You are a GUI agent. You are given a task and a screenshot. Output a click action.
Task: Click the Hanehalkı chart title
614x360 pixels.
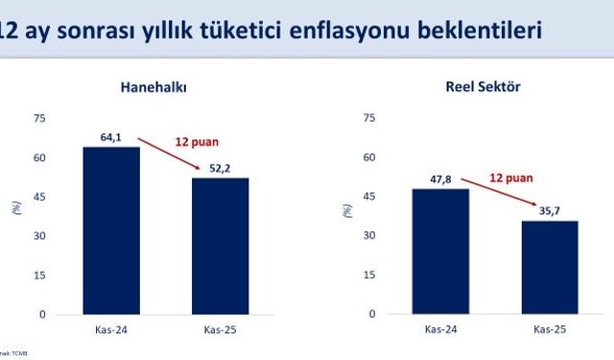[x=153, y=87]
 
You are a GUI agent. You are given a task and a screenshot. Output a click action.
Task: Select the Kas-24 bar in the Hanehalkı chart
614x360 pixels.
[x=111, y=230]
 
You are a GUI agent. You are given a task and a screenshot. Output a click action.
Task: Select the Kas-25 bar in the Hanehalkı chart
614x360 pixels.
[x=220, y=246]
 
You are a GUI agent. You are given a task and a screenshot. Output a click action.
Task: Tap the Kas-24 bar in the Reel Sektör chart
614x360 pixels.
[x=441, y=252]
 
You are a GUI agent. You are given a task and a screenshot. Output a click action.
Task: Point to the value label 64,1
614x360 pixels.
[x=111, y=137]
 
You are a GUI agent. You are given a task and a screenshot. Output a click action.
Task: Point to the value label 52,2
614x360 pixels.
[x=220, y=168]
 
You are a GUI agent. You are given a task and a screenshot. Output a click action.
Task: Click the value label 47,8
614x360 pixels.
[x=441, y=180]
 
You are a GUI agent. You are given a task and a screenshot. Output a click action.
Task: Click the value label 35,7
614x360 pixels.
[x=550, y=211]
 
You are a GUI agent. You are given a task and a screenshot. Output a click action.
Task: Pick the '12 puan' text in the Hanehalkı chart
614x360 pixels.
[x=197, y=142]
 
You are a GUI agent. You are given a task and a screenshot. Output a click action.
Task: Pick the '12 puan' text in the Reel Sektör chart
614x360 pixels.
[x=510, y=178]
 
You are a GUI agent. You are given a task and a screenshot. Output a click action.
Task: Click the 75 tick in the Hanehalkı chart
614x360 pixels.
[x=39, y=118]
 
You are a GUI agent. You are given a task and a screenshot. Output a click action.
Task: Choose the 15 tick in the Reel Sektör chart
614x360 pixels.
[x=369, y=275]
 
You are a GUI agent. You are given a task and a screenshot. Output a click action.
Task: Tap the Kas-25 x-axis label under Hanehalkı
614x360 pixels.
[x=221, y=330]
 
